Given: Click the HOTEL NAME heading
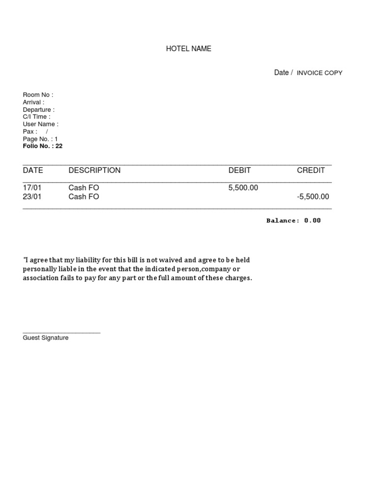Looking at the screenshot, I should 189,49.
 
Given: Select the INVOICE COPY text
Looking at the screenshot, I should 319,73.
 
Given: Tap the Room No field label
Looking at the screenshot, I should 38,95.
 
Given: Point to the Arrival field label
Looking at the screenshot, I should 33,102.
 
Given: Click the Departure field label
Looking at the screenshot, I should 38,110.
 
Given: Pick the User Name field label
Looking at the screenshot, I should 40,124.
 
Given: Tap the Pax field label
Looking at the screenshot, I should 30,132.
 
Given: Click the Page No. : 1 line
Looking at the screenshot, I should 40,139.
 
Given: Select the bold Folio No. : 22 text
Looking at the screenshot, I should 43,146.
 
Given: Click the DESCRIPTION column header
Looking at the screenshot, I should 94,170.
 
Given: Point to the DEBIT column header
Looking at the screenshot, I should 240,170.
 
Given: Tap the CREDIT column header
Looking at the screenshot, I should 311,170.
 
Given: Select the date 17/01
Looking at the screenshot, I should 32,188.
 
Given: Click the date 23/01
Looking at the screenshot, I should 32,197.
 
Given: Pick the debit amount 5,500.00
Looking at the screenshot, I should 243,188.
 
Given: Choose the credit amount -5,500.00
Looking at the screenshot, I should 313,197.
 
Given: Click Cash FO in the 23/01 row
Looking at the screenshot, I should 84,197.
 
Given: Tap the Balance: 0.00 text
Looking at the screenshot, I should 293,220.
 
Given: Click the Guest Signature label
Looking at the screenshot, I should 46,338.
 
